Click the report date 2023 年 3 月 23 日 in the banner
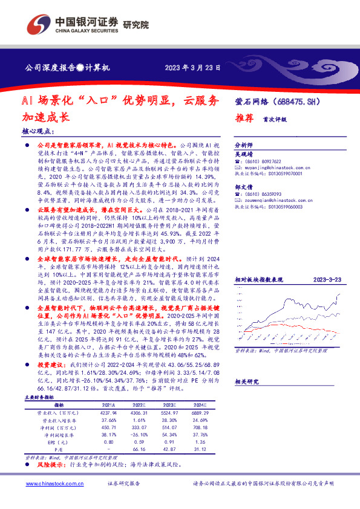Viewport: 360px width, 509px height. pyautogui.click(x=193, y=68)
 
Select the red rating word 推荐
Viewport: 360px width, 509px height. pyautogui.click(x=243, y=119)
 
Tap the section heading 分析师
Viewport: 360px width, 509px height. pyautogui.click(x=244, y=146)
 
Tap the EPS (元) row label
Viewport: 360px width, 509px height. pyautogui.click(x=59, y=442)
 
